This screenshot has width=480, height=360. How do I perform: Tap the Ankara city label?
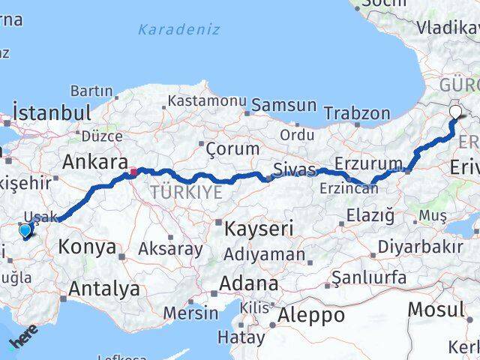click(94, 161)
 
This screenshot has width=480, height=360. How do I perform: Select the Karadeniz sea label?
click(179, 30)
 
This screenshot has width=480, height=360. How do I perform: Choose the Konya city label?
click(88, 246)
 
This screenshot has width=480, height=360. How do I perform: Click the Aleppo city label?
click(311, 315)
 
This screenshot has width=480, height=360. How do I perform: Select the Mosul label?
click(435, 308)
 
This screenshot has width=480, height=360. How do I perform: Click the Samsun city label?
click(273, 105)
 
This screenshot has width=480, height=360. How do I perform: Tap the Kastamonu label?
click(207, 100)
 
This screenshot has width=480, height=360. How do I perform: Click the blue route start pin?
click(25, 231)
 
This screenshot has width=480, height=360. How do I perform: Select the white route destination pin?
click(456, 112)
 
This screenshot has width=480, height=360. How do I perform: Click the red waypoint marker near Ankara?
click(133, 172)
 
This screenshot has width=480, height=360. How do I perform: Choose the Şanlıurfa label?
click(369, 277)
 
